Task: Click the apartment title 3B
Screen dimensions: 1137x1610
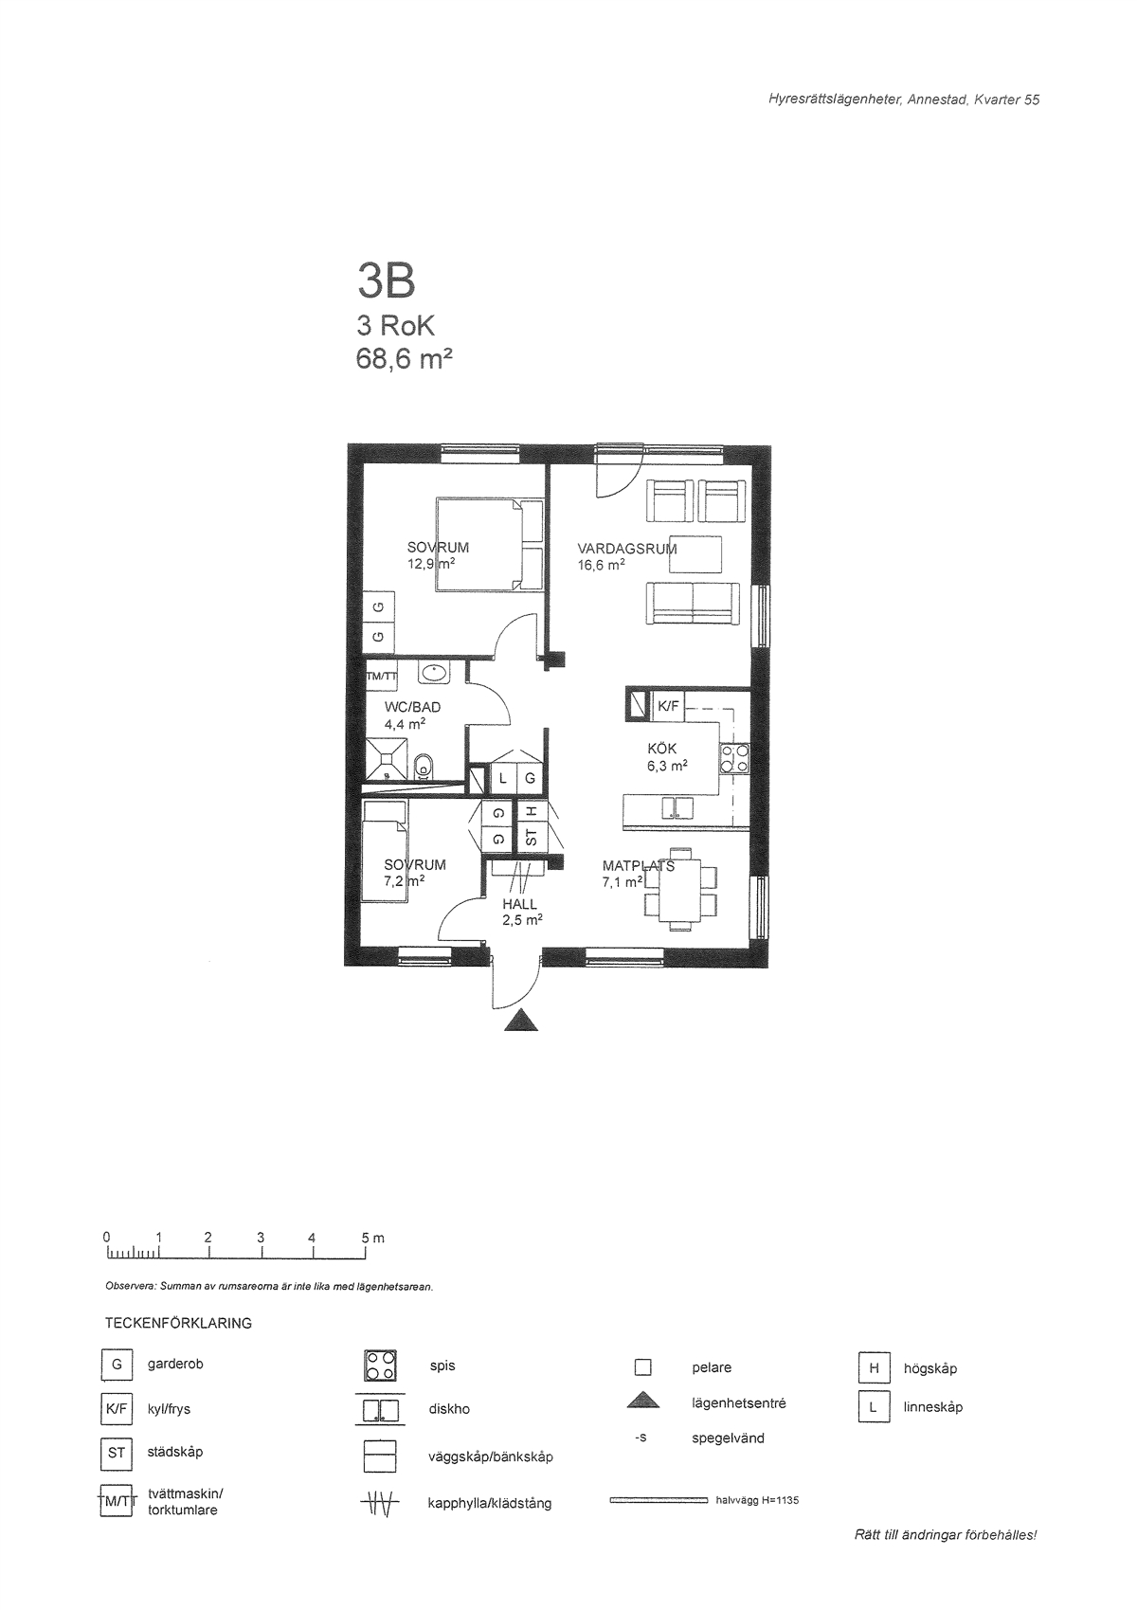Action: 387,281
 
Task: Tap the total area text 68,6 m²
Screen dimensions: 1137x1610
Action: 404,358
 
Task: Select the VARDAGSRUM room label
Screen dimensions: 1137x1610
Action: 626,549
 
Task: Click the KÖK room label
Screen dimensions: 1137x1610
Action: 662,749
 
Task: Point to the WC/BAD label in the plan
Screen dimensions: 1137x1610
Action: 412,707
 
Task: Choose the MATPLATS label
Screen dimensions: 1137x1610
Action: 639,866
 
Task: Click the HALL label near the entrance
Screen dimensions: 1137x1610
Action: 519,904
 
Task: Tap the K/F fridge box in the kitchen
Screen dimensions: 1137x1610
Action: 668,706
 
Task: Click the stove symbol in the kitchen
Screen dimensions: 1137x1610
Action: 734,758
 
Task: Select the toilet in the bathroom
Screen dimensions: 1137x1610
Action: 424,767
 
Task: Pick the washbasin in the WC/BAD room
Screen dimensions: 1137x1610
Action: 433,673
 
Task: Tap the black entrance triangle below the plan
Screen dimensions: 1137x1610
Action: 521,1020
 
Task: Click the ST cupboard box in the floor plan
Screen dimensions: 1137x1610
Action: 532,838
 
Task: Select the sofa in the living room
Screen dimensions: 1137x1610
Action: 693,604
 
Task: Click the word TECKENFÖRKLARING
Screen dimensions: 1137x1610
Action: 178,1323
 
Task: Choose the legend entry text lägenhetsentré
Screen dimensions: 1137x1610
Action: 739,1403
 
